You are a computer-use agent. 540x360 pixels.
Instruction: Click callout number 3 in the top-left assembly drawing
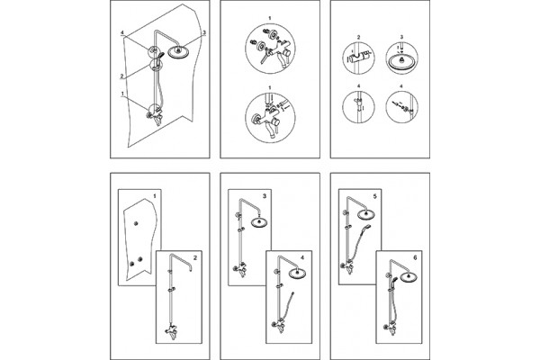(x=204, y=32)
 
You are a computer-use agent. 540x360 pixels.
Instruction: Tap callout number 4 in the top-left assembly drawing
(x=121, y=32)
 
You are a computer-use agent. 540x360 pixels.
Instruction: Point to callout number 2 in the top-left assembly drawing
(x=121, y=76)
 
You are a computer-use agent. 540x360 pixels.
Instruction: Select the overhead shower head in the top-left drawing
(x=178, y=52)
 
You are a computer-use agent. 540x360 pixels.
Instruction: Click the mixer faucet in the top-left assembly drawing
(x=156, y=116)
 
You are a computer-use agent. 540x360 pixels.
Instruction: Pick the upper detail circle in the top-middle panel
(x=270, y=49)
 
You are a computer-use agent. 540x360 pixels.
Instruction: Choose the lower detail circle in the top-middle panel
(x=270, y=118)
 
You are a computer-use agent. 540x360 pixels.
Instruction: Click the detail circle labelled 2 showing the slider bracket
(x=358, y=58)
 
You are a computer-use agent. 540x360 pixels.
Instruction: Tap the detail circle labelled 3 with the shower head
(x=402, y=58)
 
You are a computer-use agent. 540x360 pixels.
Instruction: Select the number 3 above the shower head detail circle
(x=402, y=37)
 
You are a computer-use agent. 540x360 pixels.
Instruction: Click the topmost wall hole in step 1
(x=136, y=224)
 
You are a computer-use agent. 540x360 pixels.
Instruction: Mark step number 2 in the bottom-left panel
(x=195, y=257)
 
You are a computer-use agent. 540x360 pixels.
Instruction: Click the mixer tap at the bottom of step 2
(x=171, y=332)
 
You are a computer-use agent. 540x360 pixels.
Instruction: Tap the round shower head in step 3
(x=259, y=222)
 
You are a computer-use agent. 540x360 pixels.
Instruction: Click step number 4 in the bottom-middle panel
(x=302, y=257)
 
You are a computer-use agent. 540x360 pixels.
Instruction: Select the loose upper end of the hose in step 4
(x=293, y=293)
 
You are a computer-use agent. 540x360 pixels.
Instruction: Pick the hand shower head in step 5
(x=367, y=227)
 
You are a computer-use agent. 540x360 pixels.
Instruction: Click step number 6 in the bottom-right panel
(x=415, y=257)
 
